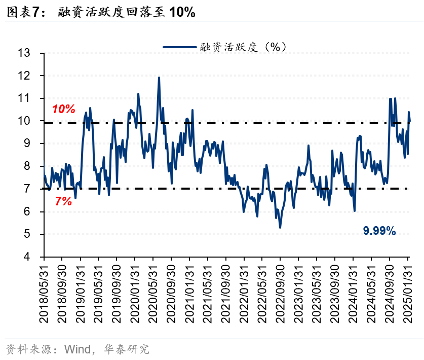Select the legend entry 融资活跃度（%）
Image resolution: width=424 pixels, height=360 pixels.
click(x=225, y=47)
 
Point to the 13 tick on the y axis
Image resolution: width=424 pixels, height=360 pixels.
click(x=24, y=53)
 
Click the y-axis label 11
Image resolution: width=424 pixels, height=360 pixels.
click(x=24, y=98)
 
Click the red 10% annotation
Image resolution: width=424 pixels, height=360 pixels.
click(x=63, y=109)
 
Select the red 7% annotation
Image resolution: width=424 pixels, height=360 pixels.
click(x=63, y=201)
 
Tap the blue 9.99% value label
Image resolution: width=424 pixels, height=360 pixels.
click(x=379, y=231)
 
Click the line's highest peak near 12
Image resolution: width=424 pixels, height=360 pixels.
click(x=159, y=78)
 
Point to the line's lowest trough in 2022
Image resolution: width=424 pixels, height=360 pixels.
click(x=280, y=227)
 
